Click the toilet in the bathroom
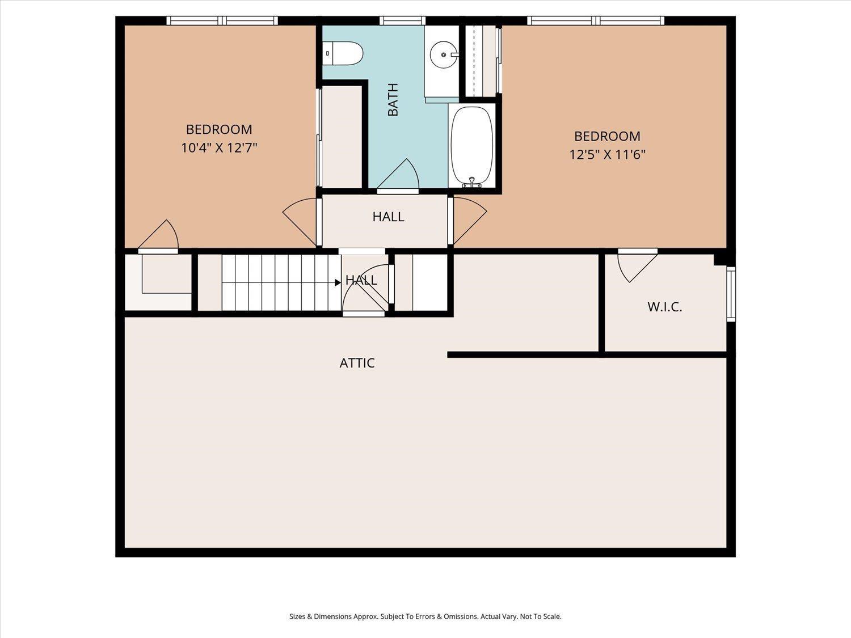pyautogui.click(x=342, y=53)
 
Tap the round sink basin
pyautogui.click(x=444, y=54)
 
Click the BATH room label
pyautogui.click(x=393, y=99)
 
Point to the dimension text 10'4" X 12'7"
pyautogui.click(x=220, y=147)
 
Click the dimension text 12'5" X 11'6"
pyautogui.click(x=607, y=155)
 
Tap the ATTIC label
pyautogui.click(x=357, y=363)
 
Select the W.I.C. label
pyautogui.click(x=664, y=307)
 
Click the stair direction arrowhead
pyautogui.click(x=338, y=283)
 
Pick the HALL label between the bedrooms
pyautogui.click(x=389, y=217)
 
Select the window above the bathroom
pyautogui.click(x=402, y=20)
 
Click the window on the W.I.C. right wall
pyautogui.click(x=731, y=294)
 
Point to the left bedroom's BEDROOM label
pyautogui.click(x=219, y=129)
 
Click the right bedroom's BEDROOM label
pyautogui.click(x=607, y=136)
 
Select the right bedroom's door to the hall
pyautogui.click(x=470, y=221)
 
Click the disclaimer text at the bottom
pyautogui.click(x=425, y=616)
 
